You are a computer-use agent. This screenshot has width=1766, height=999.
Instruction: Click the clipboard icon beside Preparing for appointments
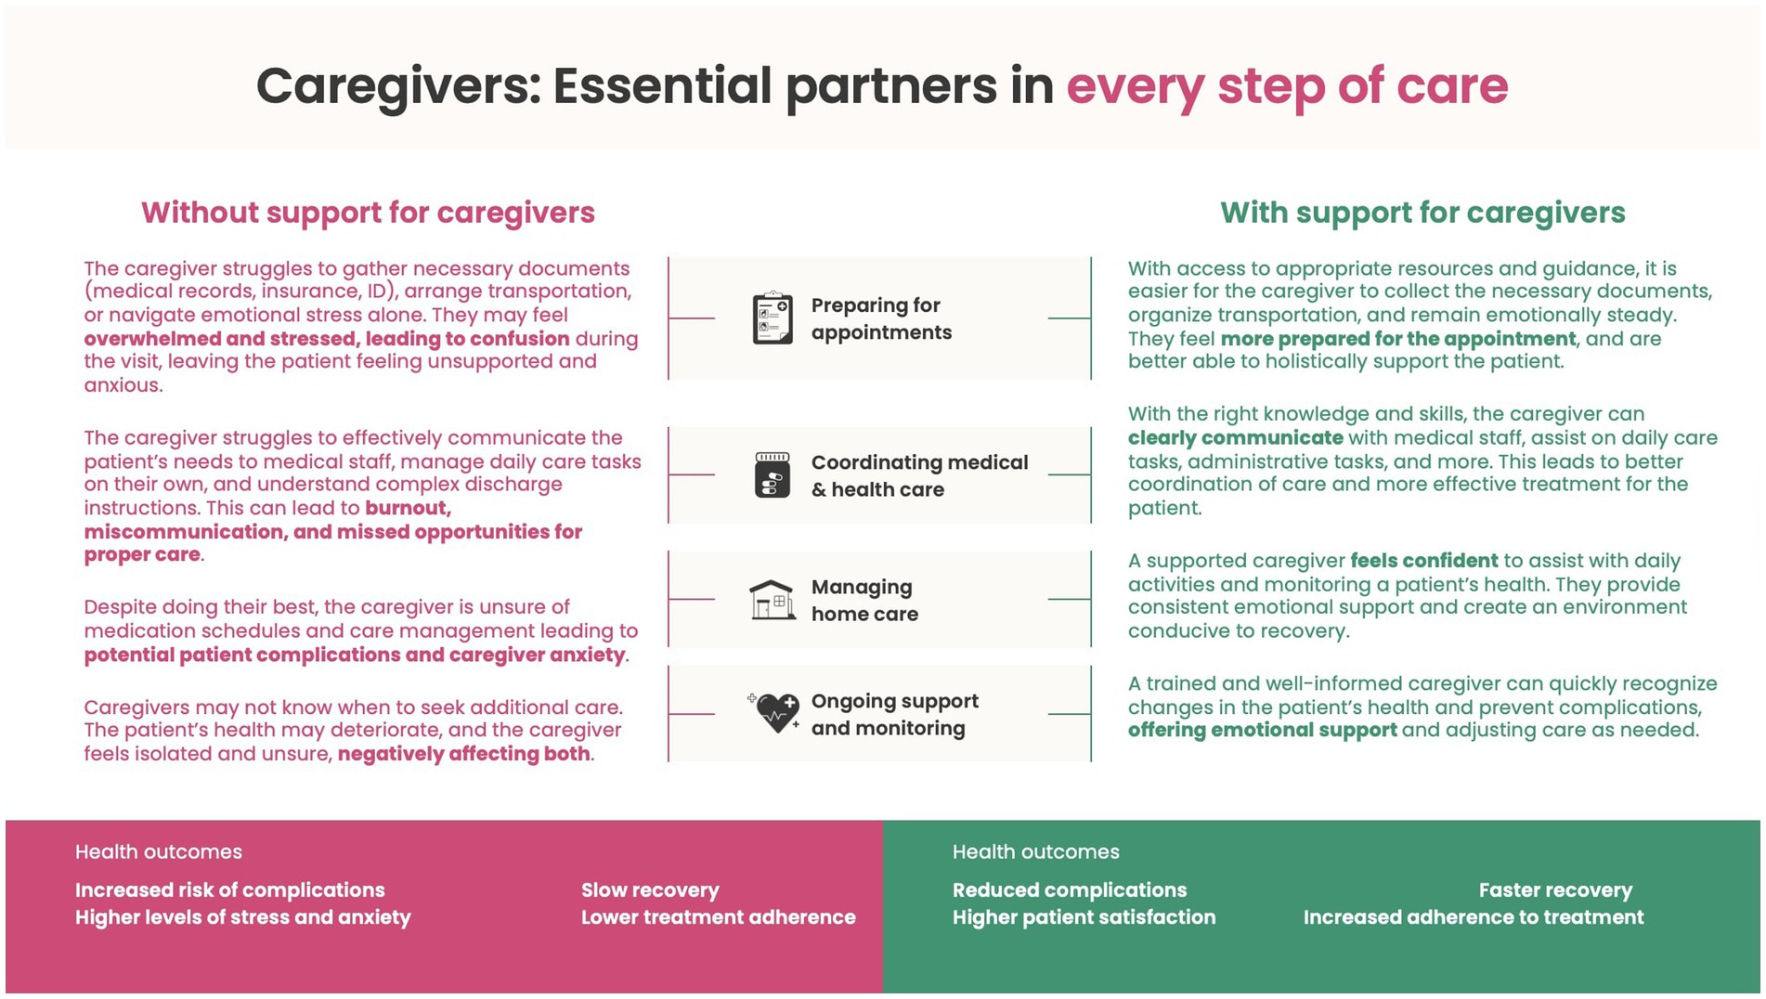[x=773, y=318]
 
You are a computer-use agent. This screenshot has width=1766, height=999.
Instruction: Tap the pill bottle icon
[x=773, y=474]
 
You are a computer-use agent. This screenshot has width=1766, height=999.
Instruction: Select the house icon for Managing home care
[x=773, y=600]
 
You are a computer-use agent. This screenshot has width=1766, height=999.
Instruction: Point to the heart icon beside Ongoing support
[x=776, y=713]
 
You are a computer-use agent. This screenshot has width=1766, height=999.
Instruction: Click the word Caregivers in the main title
[x=397, y=86]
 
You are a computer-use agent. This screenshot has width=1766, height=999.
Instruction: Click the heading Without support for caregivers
[x=368, y=213]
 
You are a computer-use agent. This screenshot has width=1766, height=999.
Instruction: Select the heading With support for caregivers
[x=1422, y=213]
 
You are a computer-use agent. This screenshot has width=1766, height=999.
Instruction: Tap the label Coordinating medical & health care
[x=919, y=475]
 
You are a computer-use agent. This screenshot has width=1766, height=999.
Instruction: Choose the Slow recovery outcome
[x=650, y=890]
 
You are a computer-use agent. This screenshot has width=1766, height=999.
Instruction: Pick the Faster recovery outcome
[x=1555, y=890]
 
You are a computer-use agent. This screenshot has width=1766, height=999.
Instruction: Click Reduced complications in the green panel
[x=1069, y=890]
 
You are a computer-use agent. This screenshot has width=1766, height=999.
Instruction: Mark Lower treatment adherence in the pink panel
[x=718, y=917]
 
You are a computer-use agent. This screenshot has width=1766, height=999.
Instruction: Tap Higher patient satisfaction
[x=1084, y=917]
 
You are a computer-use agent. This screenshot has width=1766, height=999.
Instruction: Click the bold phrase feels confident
[x=1423, y=561]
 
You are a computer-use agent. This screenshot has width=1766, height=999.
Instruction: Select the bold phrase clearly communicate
[x=1235, y=438]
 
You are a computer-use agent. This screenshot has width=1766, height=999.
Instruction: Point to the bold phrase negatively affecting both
[x=463, y=754]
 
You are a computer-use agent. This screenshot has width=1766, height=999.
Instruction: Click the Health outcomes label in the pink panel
[x=159, y=852]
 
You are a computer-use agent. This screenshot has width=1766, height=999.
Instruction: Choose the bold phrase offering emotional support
[x=1262, y=731]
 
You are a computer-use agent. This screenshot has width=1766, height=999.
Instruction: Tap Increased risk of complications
[x=229, y=890]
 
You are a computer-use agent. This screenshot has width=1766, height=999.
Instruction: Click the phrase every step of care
[x=1287, y=86]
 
